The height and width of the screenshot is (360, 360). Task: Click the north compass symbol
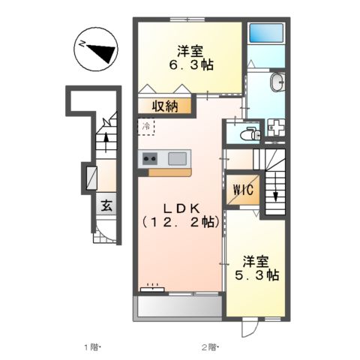point(96,50)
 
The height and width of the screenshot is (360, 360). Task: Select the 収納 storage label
point(166,106)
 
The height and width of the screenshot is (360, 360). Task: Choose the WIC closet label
point(244,190)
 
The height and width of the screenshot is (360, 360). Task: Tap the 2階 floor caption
point(208,346)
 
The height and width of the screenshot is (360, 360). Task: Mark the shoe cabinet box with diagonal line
point(91,178)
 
